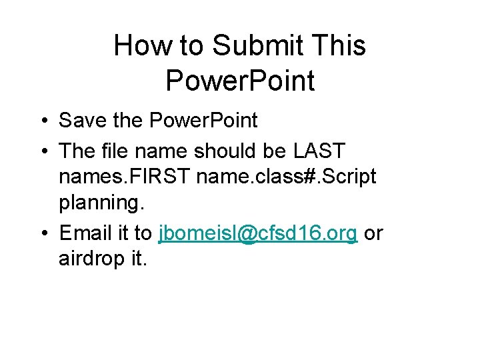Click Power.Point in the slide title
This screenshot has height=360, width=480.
pos(240,81)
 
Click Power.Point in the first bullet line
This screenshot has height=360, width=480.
pos(203,121)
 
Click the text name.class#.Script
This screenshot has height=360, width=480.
pos(282,177)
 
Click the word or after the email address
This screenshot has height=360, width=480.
pos(373,233)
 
